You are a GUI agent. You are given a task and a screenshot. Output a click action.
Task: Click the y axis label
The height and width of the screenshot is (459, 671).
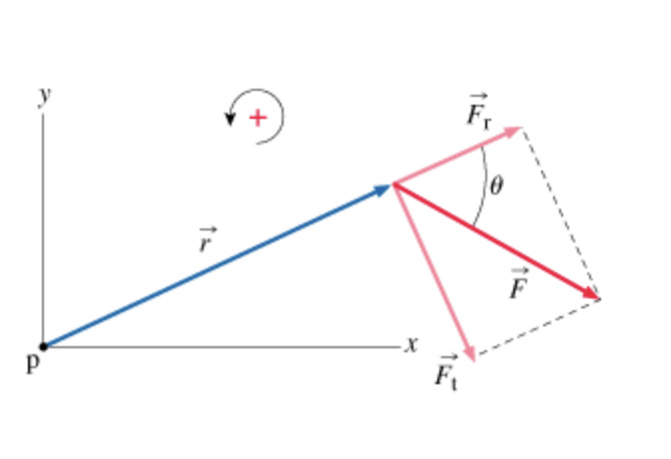click(44, 96)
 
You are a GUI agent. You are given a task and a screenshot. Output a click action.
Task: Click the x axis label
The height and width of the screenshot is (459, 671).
click(410, 345)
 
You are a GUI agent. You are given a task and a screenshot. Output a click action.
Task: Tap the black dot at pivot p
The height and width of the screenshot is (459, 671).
click(43, 346)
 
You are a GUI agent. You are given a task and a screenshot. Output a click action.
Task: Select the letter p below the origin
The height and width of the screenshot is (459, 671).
click(32, 364)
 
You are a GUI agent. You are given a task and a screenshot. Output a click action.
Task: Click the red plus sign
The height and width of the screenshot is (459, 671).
click(258, 118)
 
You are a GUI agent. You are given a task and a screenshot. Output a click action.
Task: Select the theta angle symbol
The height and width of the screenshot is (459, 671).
click(496, 186)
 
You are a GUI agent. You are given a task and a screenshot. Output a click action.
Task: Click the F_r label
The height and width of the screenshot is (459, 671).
click(478, 115)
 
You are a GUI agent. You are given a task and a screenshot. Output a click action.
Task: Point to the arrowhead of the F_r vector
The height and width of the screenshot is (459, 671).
click(516, 130)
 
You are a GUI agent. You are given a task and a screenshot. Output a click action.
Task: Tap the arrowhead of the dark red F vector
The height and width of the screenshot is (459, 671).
click(592, 295)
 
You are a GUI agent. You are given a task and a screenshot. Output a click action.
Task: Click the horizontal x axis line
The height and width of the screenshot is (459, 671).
click(220, 346)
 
